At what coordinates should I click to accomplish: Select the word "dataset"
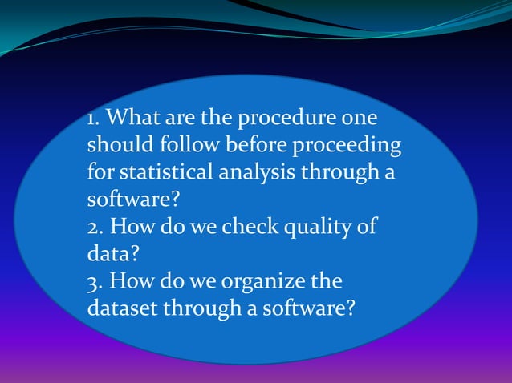(120, 307)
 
